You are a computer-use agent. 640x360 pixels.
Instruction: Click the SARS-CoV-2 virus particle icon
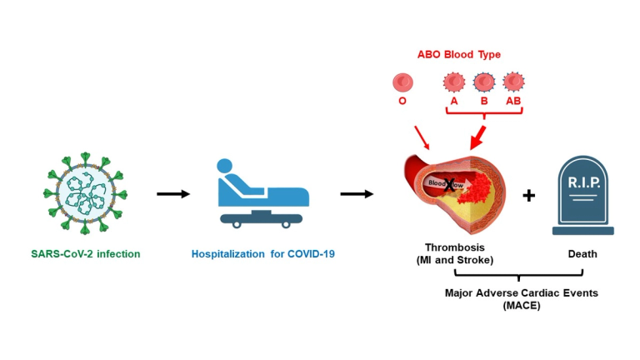point(85,193)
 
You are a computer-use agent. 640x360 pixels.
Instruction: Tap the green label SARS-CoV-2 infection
point(86,254)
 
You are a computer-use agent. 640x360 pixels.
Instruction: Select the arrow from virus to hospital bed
point(173,194)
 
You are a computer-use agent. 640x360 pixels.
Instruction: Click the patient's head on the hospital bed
point(224,167)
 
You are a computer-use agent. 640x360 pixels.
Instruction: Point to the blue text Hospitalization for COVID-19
point(263,254)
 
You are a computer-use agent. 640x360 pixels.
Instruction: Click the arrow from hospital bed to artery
point(357,194)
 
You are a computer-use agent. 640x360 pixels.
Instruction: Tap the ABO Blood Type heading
point(459,54)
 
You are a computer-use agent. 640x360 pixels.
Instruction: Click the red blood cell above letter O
point(402,82)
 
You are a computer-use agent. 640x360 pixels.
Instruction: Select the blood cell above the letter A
point(454,82)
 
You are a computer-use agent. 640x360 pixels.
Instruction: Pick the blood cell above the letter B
point(484,82)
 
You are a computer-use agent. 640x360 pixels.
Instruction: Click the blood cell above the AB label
point(513,82)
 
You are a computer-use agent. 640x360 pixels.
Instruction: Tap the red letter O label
point(402,101)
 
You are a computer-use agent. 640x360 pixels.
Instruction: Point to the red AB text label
point(513,101)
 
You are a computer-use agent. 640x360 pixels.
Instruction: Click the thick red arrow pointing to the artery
point(477,138)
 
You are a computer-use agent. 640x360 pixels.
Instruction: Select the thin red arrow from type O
point(422,137)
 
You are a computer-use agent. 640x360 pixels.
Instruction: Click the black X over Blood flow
point(449,185)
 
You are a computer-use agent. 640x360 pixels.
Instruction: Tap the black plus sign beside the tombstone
point(529,196)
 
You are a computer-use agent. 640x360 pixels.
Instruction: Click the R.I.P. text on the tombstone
point(583,182)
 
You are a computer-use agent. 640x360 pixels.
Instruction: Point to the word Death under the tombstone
point(582,254)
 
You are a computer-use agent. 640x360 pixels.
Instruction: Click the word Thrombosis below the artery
point(455,247)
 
